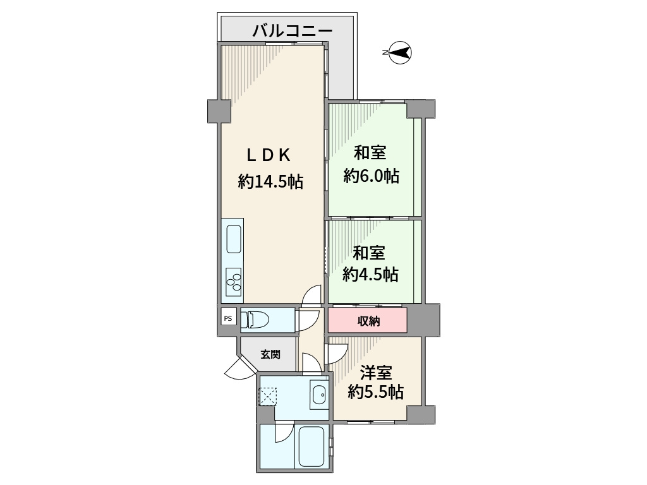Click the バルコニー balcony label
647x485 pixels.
pos(292,30)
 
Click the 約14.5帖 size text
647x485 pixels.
pos(270,182)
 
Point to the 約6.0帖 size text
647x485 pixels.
pos(372,176)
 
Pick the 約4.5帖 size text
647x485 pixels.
pos(370,274)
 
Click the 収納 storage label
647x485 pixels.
pos(369,321)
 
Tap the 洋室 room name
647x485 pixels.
pos(377,373)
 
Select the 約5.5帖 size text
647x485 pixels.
pos(376,393)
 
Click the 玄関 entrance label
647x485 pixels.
pos(270,355)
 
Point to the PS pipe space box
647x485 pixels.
pos(228,318)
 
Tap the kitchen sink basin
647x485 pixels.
pos(233,241)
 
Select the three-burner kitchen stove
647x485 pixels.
pos(233,280)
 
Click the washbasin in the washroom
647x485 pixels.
pos(319,396)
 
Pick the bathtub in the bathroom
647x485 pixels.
pos(310,446)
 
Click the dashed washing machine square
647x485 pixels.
pos(268,397)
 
